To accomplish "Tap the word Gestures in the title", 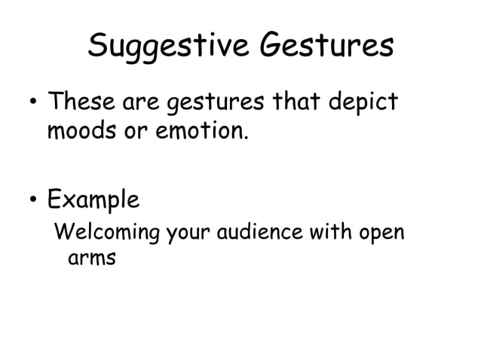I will tap(327, 47).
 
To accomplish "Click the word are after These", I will tap(141, 101).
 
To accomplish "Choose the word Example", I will tap(93, 201).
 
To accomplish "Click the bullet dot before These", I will tap(30, 100).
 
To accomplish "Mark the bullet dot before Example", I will tap(30, 200).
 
